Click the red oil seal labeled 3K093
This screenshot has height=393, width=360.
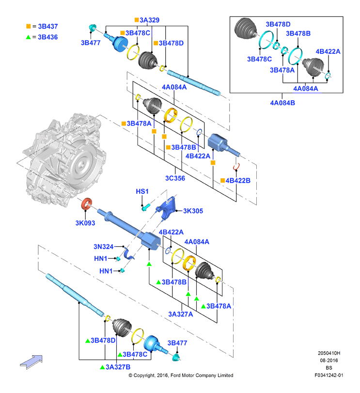pos(86,204)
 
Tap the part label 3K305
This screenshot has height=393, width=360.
pos(193,211)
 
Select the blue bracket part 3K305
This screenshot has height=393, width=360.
pos(166,208)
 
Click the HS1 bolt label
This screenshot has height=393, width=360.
pos(142,191)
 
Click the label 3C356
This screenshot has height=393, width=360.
pos(175,178)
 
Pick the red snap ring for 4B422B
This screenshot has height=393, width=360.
pos(236,167)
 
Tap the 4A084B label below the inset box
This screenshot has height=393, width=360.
pos(282,103)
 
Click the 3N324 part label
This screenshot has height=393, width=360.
pos(104,247)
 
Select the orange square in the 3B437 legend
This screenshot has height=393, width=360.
pos(28,26)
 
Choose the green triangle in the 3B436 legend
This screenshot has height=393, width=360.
pos(28,37)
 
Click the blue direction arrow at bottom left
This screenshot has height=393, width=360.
pos(31,362)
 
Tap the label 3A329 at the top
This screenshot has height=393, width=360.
pos(150,20)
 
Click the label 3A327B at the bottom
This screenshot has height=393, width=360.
pos(118,367)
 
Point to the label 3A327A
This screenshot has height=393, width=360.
pos(181,314)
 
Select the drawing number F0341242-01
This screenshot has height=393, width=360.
pos(329,375)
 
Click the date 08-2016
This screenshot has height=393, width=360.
pos(329,361)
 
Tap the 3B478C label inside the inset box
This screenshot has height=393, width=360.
pos(259,59)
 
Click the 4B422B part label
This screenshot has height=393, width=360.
pos(238,181)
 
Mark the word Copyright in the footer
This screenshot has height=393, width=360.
pos(144,376)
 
